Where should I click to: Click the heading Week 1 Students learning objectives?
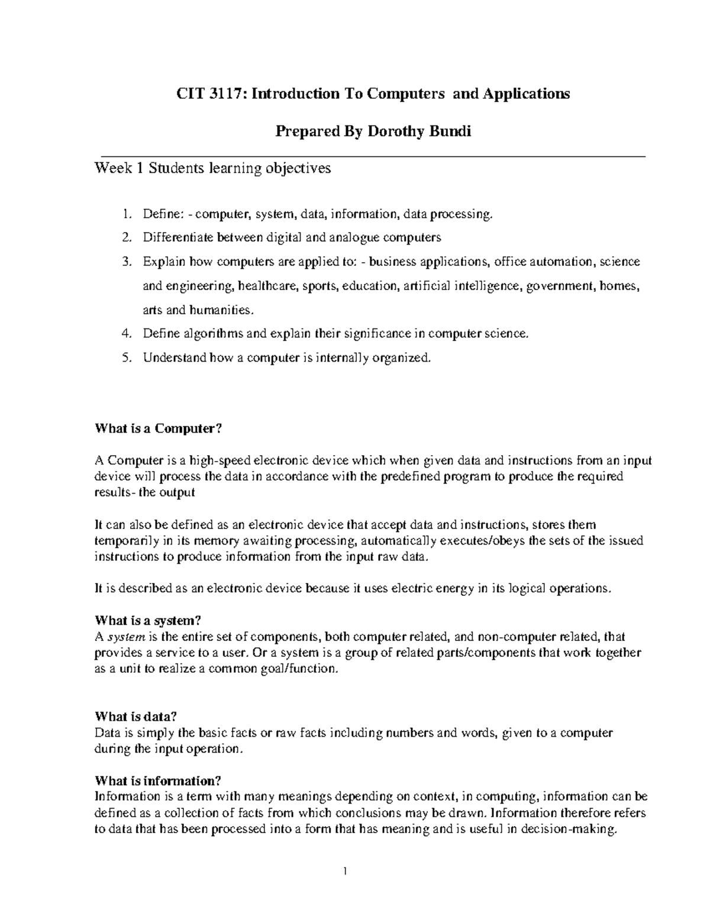tap(212, 169)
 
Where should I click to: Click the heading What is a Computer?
tap(157, 429)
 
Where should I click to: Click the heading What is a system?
tap(148, 621)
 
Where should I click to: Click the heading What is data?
tap(136, 717)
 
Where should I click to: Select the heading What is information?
tap(158, 781)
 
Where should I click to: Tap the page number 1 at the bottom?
tap(344, 871)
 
